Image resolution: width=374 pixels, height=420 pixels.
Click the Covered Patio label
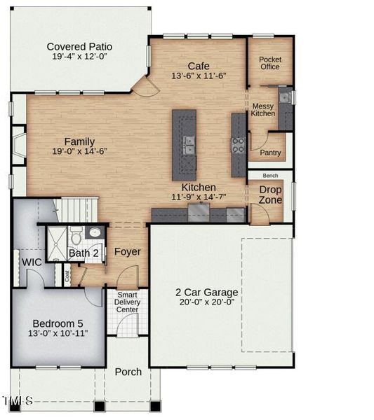pyautogui.click(x=79, y=47)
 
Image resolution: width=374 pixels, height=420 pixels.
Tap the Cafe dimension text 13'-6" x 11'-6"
pyautogui.click(x=199, y=76)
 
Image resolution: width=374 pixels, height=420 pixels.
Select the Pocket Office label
pyautogui.click(x=269, y=63)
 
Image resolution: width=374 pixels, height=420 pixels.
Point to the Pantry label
pyautogui.click(x=270, y=153)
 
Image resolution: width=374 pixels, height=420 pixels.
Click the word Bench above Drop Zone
pyautogui.click(x=270, y=176)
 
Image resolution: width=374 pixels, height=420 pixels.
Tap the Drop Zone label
pyautogui.click(x=270, y=195)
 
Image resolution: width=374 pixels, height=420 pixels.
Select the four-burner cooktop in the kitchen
pyautogui.click(x=239, y=144)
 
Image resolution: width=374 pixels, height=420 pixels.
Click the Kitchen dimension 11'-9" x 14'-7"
pyautogui.click(x=199, y=198)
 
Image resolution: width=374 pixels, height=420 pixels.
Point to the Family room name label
pyautogui.click(x=79, y=141)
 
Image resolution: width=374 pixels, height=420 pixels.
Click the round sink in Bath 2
pyautogui.click(x=95, y=232)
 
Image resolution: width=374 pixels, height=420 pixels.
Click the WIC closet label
pyautogui.click(x=31, y=262)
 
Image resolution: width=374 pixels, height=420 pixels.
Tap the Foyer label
pyautogui.click(x=127, y=251)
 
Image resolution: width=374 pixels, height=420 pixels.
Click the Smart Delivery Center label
pyautogui.click(x=127, y=302)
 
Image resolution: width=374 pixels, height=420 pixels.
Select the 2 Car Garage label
pyautogui.click(x=206, y=292)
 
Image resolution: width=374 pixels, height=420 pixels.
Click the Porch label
pyautogui.click(x=128, y=372)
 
